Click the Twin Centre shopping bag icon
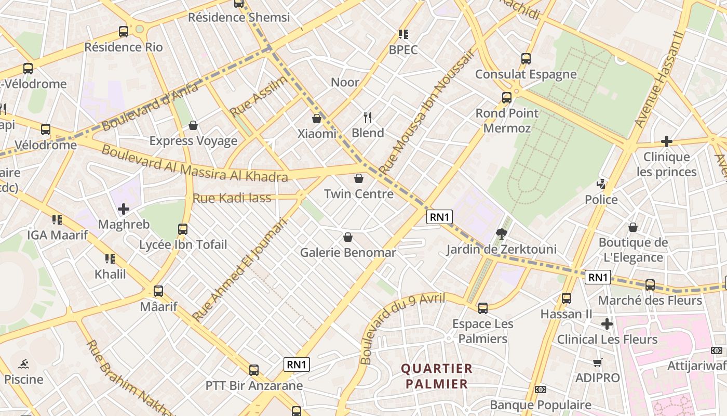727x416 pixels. (358, 179)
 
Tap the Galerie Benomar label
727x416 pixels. (348, 253)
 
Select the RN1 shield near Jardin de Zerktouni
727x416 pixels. (439, 217)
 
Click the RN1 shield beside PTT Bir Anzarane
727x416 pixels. (297, 365)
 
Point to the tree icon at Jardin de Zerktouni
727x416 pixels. (501, 233)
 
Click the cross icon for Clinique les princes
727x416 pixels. (666, 141)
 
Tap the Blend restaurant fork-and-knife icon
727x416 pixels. (368, 118)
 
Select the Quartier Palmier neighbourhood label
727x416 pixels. (436, 376)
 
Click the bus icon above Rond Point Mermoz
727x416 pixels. (506, 97)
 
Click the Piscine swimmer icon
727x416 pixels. (23, 363)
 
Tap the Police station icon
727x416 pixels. (601, 184)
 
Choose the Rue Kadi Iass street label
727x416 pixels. (232, 198)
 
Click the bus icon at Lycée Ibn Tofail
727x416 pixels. (182, 229)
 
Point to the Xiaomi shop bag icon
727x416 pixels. (317, 119)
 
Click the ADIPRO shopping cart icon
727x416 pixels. (598, 362)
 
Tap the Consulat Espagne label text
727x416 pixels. (526, 74)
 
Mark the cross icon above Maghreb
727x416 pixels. (124, 209)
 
